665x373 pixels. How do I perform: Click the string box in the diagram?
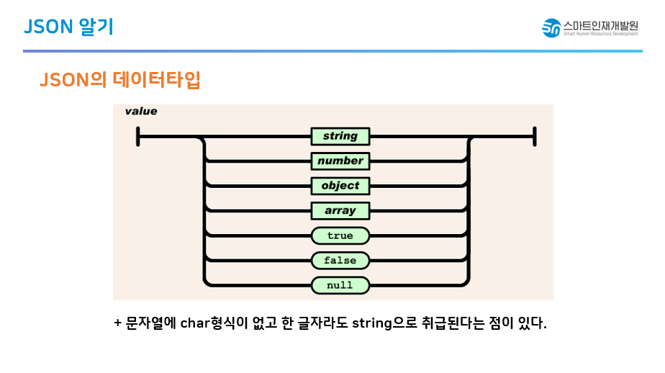coord(340,136)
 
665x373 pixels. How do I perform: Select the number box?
coord(340,161)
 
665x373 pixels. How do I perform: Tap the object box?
coord(340,186)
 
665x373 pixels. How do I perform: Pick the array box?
coord(340,211)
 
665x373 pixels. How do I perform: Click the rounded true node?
coord(340,235)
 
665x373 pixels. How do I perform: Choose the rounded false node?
coord(340,260)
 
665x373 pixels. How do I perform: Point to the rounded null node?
coord(340,285)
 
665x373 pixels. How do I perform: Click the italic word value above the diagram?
coord(141,112)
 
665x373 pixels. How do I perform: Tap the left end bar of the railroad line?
coord(138,136)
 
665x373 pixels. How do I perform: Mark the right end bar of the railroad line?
coord(534,136)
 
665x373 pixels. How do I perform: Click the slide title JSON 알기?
coord(68,27)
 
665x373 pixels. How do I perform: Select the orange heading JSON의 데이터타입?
coord(119,79)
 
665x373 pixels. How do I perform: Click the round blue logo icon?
coord(551,28)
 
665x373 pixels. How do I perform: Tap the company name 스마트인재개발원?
coord(601,24)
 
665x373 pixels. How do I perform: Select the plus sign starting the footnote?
coord(117,323)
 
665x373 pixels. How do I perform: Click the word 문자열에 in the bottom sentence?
coord(149,323)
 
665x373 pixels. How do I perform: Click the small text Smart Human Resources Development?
coord(601,34)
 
